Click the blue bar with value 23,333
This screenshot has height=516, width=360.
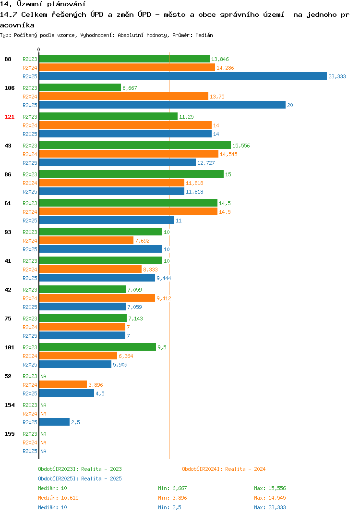[183, 76]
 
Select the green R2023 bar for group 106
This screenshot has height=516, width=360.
[80, 87]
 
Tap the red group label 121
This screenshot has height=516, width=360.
[10, 117]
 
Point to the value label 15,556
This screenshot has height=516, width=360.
[241, 146]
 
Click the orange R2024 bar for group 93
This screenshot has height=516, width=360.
[86, 240]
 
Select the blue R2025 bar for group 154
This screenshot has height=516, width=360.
[54, 422]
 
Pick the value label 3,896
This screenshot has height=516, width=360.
[96, 385]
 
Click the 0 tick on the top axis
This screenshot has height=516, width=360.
[38, 49]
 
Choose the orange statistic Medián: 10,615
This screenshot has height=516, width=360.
[58, 498]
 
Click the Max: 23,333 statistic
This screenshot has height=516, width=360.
[270, 507]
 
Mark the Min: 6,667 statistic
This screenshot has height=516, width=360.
[172, 488]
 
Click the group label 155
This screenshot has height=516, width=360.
[10, 434]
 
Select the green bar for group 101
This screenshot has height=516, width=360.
[97, 347]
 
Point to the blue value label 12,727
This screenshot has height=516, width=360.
[206, 163]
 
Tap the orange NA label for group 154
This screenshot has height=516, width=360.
[43, 414]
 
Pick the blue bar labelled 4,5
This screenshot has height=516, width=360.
[66, 393]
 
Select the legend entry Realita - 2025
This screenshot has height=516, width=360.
[101, 479]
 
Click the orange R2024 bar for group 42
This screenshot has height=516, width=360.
[97, 298]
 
